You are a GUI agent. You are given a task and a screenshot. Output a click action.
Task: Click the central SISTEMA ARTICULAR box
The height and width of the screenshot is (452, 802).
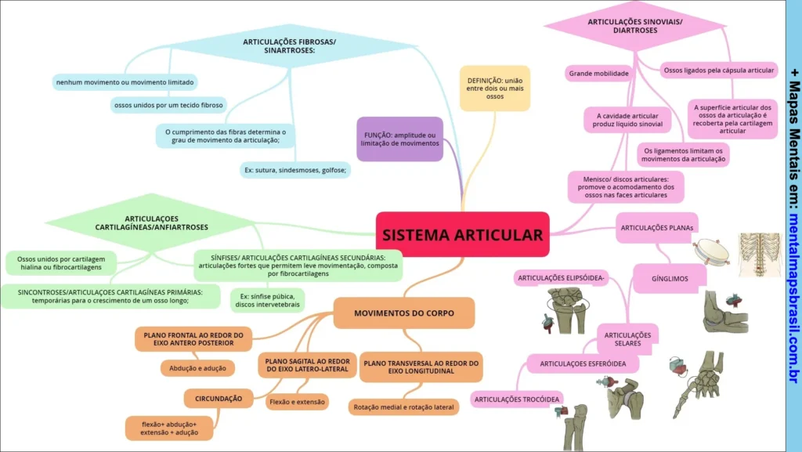coord(462,234)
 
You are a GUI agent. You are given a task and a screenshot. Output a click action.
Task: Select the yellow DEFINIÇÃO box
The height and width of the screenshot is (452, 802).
coord(494,88)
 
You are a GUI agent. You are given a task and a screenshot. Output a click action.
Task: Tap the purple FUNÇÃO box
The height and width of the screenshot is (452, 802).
coord(399,139)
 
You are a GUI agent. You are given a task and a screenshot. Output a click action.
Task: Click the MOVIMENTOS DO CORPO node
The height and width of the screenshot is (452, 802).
coord(404,313)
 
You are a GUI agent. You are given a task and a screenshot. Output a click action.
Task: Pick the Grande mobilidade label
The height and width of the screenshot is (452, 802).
coord(599,74)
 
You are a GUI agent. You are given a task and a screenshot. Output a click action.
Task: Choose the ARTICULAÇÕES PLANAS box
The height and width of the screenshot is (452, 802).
coord(657,228)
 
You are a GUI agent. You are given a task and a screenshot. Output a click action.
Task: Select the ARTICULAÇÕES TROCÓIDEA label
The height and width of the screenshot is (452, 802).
coord(518,400)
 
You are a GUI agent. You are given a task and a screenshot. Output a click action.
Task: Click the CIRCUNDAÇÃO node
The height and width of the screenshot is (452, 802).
coord(219,399)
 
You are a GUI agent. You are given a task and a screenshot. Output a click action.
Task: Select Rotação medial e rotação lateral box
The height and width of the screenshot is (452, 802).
coord(403,407)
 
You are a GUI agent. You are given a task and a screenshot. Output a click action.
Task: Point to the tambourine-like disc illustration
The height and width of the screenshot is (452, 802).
coord(711,252)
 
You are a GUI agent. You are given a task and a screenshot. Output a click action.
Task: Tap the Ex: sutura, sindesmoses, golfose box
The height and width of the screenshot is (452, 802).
coord(294,169)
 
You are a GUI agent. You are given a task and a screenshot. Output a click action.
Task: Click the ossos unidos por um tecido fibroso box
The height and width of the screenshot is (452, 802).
coord(168,104)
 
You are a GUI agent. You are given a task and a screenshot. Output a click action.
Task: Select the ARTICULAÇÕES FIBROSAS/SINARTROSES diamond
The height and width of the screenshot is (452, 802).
coord(289,45)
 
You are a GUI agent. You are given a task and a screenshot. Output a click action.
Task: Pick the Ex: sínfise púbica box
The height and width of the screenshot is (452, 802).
coord(267,300)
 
